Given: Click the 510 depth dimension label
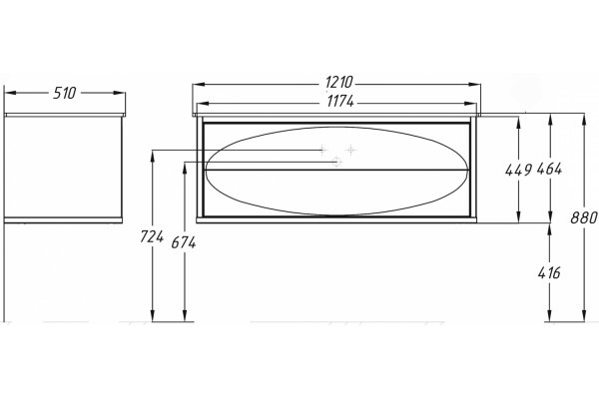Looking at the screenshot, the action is click(x=65, y=93).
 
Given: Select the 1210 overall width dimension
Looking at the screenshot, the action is click(x=339, y=83).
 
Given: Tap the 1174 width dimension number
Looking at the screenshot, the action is click(x=340, y=102).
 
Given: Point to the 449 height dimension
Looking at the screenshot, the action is click(x=518, y=170).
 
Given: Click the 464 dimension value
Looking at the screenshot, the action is click(x=549, y=169).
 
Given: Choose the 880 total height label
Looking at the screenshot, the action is click(x=584, y=218).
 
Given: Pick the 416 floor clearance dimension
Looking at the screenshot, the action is click(x=549, y=273).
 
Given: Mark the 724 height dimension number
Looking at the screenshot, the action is click(x=152, y=236).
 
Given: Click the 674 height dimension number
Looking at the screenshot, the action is click(x=184, y=242).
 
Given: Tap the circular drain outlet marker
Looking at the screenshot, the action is click(x=336, y=162).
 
